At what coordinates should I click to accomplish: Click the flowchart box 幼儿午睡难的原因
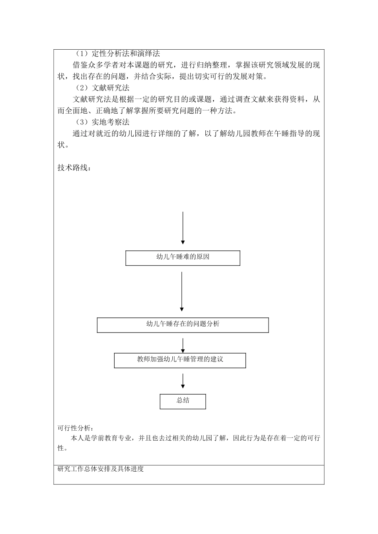183,257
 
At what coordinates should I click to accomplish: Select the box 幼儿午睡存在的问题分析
183,325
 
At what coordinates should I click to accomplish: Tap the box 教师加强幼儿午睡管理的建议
180,360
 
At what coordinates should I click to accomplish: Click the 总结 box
183,401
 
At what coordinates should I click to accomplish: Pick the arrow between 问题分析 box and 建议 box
183,345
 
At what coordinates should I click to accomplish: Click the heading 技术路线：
74,168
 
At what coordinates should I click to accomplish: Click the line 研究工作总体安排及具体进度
101,469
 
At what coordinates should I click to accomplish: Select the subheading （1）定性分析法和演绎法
118,54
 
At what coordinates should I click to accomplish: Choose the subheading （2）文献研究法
102,88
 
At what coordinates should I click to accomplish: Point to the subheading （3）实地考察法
102,122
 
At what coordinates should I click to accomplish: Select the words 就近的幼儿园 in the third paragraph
115,133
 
